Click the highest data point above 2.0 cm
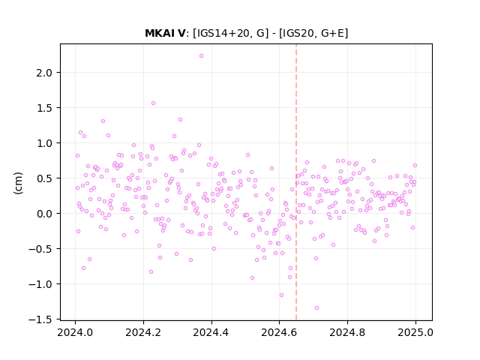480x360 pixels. [x=201, y=55]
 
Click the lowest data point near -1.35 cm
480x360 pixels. [x=316, y=307]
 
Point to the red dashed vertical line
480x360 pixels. [x=296, y=182]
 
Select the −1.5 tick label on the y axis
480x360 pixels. [x=44, y=319]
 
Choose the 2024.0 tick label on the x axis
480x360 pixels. [x=75, y=332]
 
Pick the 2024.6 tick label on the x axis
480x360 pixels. [x=279, y=332]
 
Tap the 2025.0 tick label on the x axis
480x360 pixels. [x=415, y=332]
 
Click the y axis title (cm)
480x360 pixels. [x=18, y=183]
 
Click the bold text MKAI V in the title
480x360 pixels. [x=165, y=33]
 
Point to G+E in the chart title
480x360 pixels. [x=333, y=33]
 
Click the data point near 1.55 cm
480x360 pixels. [x=153, y=103]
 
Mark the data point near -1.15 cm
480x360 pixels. [x=281, y=295]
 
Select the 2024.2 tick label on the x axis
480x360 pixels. [x=143, y=332]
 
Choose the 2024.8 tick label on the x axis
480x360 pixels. [x=347, y=332]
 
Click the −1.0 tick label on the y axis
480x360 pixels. [x=44, y=284]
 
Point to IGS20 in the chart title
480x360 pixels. [x=298, y=33]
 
